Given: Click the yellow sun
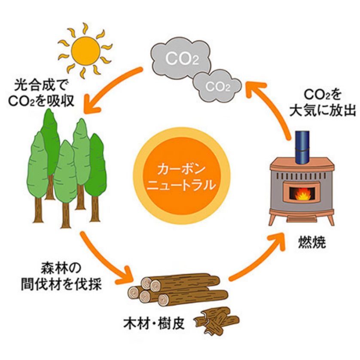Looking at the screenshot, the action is coord(85,50).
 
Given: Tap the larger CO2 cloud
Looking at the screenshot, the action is coord(180,58).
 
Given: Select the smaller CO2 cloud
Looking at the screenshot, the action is coord(217,85).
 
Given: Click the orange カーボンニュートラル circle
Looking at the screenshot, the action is coord(182,176).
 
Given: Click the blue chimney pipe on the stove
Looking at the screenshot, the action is coord(302,148).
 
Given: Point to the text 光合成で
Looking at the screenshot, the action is coord(40,86).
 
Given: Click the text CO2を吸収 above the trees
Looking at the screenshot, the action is coord(41,101).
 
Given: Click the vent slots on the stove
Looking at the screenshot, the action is coord(302,176).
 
